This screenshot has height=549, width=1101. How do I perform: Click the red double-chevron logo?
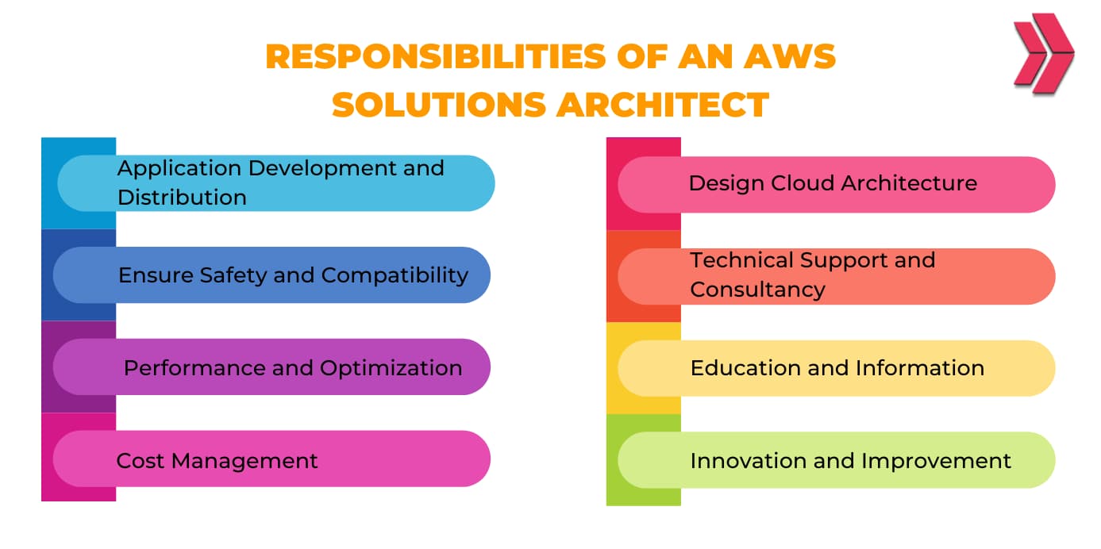click(1042, 53)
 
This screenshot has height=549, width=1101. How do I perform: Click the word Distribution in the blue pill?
click(182, 198)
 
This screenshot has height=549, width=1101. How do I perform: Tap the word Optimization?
click(391, 368)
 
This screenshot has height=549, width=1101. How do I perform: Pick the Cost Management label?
click(217, 461)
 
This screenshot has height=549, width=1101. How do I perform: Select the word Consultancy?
click(757, 290)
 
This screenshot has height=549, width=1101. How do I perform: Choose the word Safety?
click(235, 275)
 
